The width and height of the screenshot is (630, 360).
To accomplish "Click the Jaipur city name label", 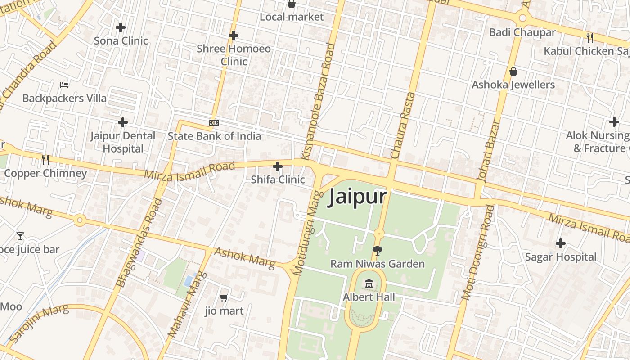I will [358, 197].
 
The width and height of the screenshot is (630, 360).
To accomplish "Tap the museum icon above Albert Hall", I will [369, 283].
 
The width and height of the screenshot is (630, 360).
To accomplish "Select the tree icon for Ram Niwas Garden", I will [378, 251].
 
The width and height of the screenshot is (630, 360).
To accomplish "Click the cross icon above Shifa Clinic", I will [278, 166].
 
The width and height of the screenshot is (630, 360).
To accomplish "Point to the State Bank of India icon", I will [214, 123].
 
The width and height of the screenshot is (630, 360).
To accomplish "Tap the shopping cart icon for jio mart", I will [224, 297].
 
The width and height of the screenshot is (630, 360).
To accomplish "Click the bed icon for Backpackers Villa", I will [64, 85].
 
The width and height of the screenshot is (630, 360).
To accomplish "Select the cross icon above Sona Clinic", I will [121, 27].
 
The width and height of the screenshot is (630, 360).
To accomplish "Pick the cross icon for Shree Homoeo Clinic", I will [233, 35].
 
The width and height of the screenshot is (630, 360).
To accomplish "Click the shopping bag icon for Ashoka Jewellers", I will [513, 72].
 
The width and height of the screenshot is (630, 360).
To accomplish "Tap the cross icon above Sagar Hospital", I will [560, 243].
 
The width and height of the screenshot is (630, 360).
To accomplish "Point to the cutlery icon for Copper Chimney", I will [45, 159].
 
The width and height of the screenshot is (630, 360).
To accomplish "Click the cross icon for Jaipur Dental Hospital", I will [122, 122].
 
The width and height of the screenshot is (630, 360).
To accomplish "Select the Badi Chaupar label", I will [522, 32].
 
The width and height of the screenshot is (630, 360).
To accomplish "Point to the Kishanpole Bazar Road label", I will [318, 101].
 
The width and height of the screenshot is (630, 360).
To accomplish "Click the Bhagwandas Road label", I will [139, 243].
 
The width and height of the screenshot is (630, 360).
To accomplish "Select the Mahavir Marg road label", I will [187, 305].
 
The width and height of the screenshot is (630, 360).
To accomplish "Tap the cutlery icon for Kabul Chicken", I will [589, 37].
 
